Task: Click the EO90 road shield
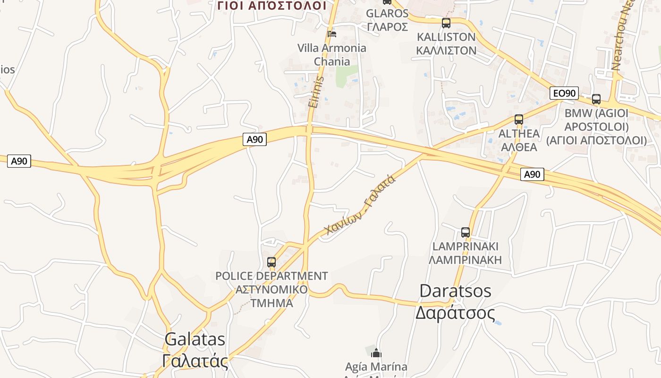click(x=564, y=93)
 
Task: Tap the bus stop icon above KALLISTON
click(x=446, y=23)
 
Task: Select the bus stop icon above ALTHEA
click(x=519, y=120)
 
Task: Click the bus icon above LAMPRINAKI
click(x=466, y=232)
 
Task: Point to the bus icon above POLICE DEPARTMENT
click(x=271, y=262)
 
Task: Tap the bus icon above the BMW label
click(x=596, y=99)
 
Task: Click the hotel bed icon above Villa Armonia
click(x=332, y=34)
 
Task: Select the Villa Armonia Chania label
click(x=332, y=55)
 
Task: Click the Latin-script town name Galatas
click(x=195, y=339)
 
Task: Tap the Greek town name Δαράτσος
click(x=455, y=313)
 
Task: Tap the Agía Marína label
click(x=376, y=366)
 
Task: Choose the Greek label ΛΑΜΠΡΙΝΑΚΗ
click(x=465, y=260)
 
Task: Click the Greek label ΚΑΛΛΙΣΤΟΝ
click(x=446, y=50)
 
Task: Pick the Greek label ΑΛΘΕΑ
click(x=519, y=147)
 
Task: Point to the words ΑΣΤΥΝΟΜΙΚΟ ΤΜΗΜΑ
click(x=271, y=296)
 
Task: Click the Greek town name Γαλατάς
click(x=195, y=361)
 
